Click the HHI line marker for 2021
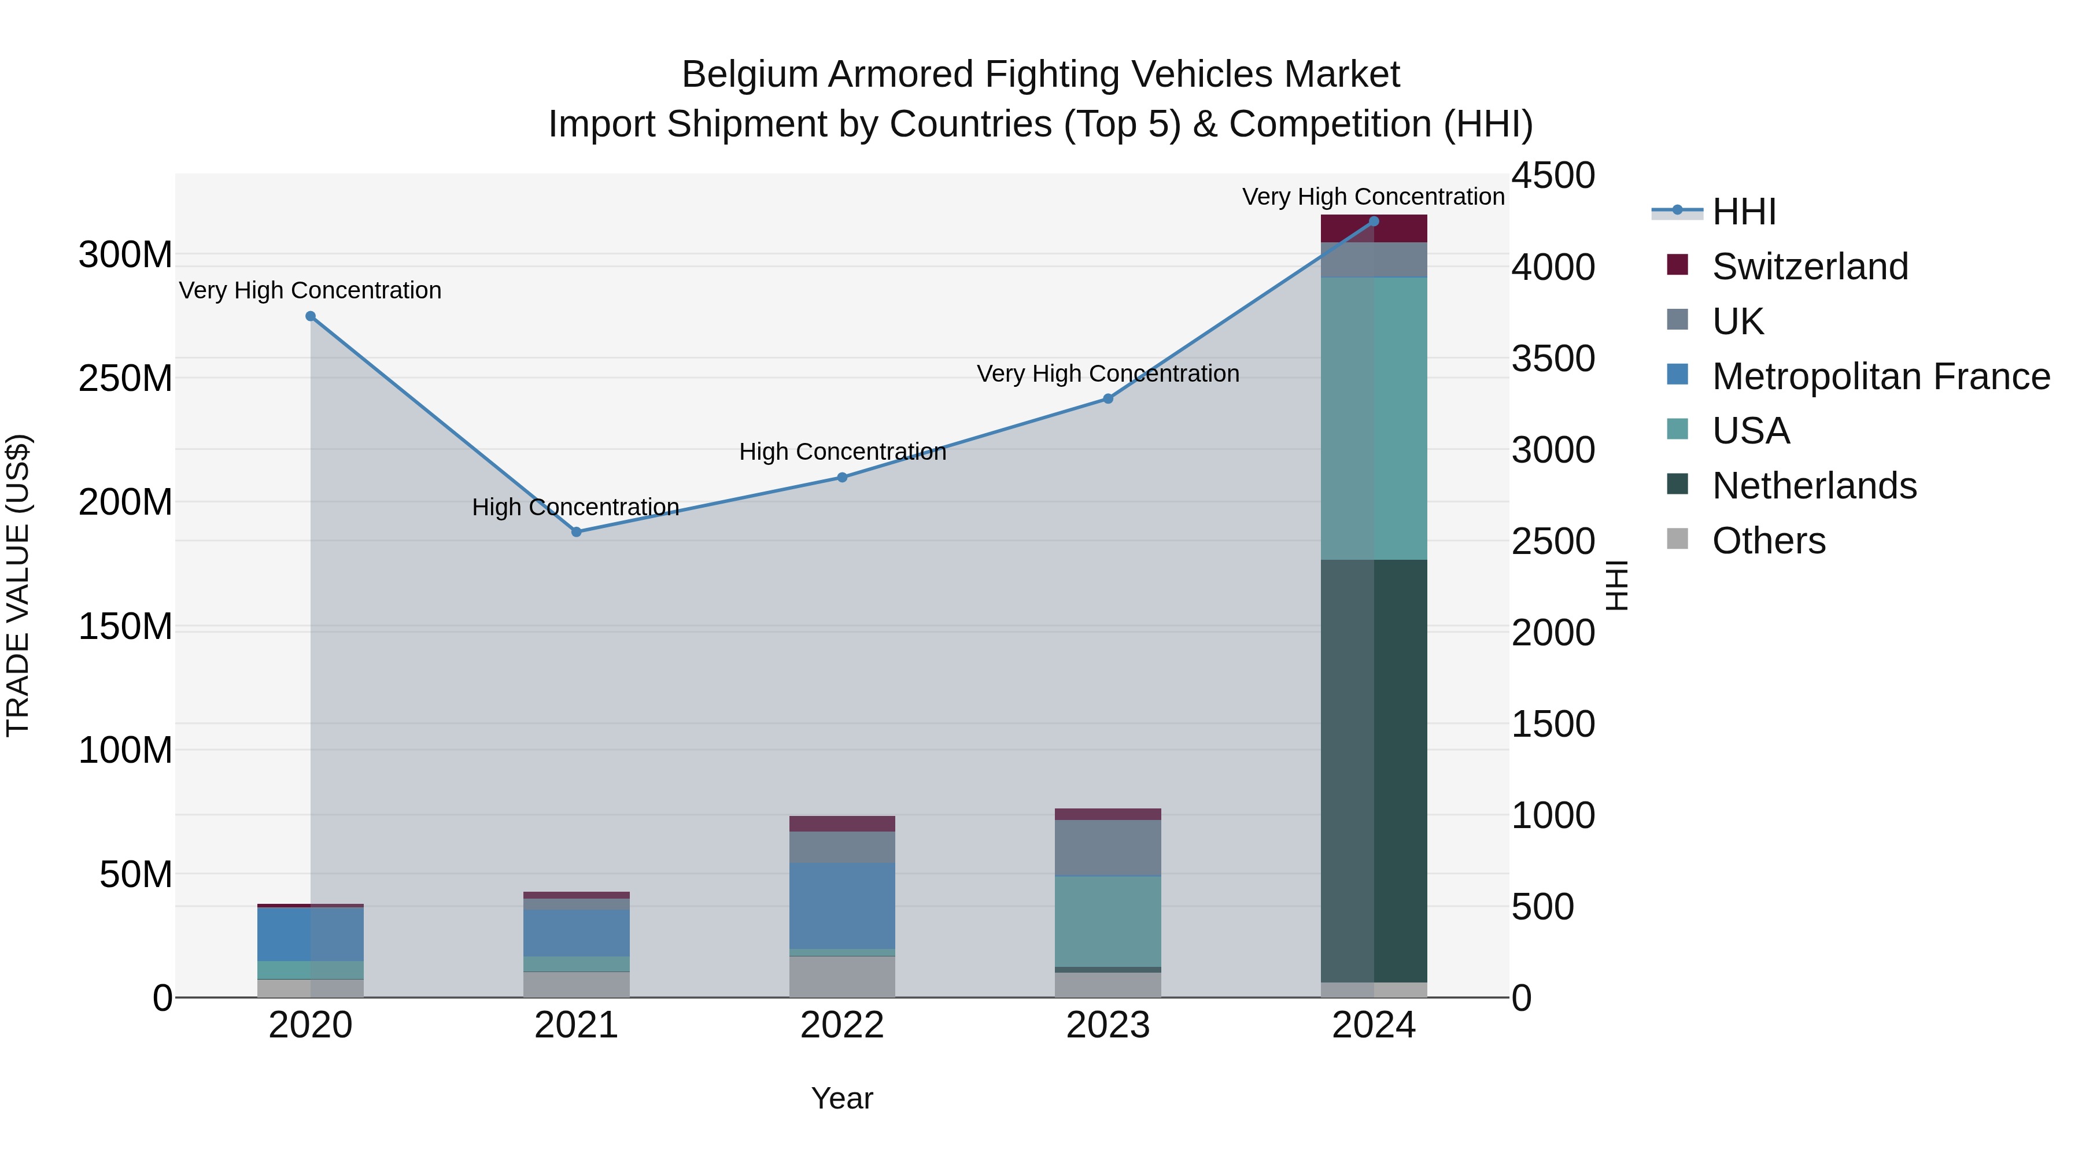(x=576, y=532)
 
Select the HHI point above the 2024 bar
(x=1373, y=221)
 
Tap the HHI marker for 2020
(x=311, y=316)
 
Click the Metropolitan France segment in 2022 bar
(x=842, y=905)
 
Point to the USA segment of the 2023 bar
(x=1108, y=921)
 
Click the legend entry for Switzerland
(x=1810, y=267)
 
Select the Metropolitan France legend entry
(x=1880, y=376)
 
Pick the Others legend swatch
(x=1678, y=539)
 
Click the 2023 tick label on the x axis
(x=1108, y=1025)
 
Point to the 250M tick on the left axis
(x=125, y=378)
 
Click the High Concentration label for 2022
(x=842, y=452)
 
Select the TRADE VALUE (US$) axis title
(x=18, y=585)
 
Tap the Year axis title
(x=842, y=1098)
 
